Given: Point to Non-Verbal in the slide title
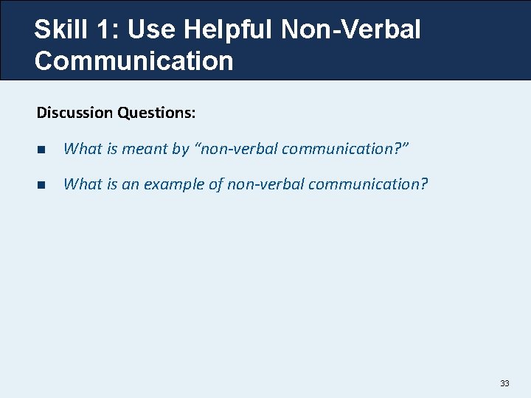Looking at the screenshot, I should click(x=351, y=29).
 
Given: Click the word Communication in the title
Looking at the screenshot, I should click(x=133, y=60).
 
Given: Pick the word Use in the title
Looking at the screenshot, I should click(x=153, y=29).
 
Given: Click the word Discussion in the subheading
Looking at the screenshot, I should click(x=74, y=113).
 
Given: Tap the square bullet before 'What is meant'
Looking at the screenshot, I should click(x=41, y=149).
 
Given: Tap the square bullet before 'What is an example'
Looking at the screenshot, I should click(x=41, y=184).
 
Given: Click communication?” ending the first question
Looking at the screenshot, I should click(x=345, y=149).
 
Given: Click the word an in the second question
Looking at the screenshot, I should click(x=130, y=184).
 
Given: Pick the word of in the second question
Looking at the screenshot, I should click(x=216, y=184).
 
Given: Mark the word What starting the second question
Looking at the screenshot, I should click(x=83, y=184).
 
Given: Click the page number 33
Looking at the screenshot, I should click(x=504, y=383).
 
